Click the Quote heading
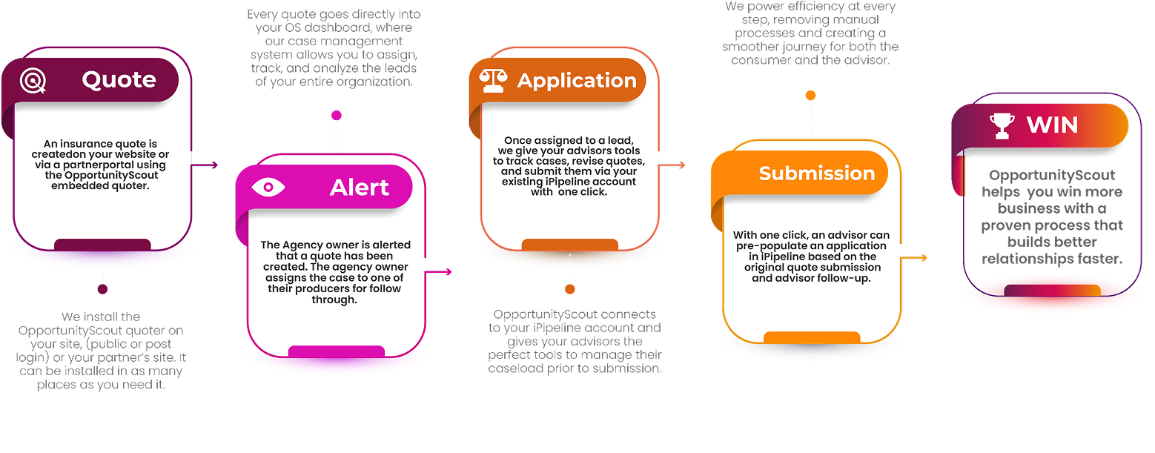click(x=119, y=80)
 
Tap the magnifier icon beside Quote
click(x=33, y=80)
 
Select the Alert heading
click(x=360, y=188)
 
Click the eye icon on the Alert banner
click(x=268, y=187)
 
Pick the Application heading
click(x=577, y=81)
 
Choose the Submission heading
click(x=817, y=173)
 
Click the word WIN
click(x=1052, y=125)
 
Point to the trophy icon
click(x=1002, y=125)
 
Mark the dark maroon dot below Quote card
click(x=102, y=289)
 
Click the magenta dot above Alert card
click(x=337, y=115)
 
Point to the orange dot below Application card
click(x=570, y=289)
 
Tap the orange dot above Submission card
click(x=810, y=95)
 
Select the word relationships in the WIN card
click(x=1025, y=259)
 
